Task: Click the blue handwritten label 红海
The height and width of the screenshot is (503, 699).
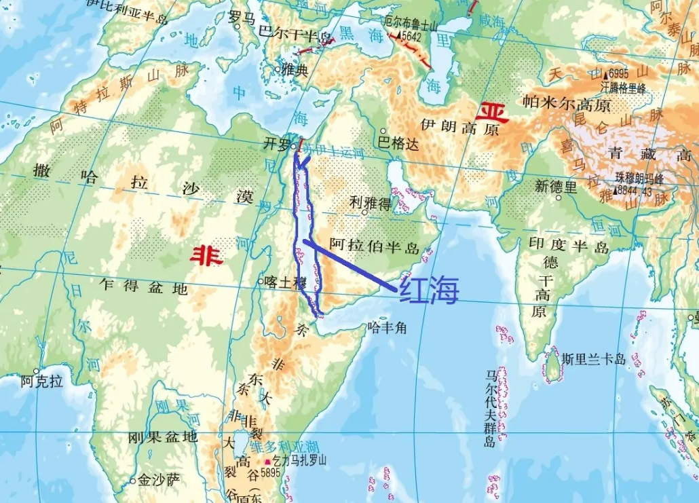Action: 429,290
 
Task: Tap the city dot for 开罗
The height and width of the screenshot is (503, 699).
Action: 293,145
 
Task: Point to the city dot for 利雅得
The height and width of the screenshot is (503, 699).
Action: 365,212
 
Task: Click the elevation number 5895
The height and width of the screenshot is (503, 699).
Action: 270,473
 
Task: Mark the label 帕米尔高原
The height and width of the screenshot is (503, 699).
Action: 567,104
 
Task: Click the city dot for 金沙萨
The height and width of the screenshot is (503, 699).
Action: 134,481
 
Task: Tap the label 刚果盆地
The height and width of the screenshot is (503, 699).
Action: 162,437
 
